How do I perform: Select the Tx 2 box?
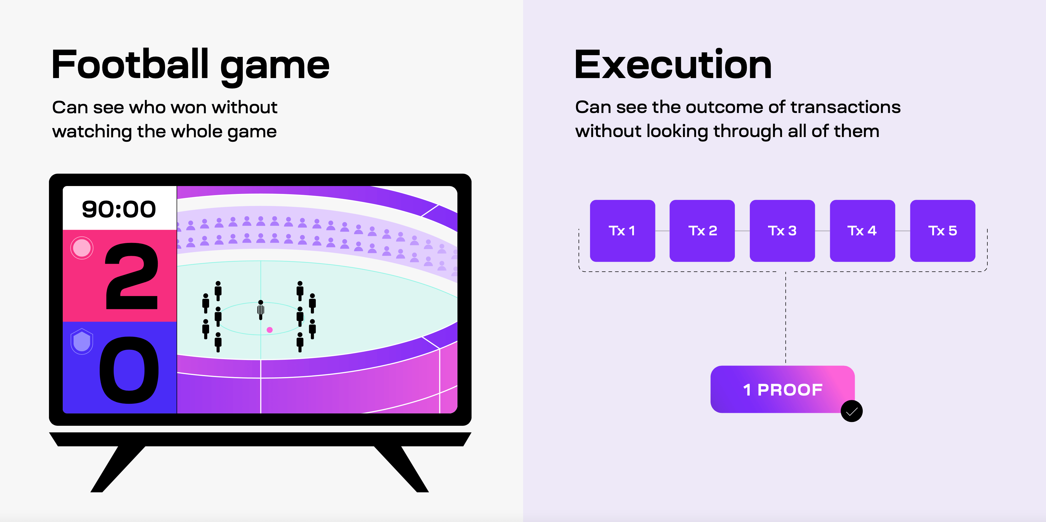(x=702, y=231)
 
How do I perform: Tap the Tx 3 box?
(x=782, y=231)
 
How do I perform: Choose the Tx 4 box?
(x=862, y=231)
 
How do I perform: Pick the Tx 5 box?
(x=942, y=231)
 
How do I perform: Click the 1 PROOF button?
(x=782, y=389)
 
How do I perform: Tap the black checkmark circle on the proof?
(x=852, y=411)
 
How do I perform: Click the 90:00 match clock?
(x=119, y=209)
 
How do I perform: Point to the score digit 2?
(x=131, y=276)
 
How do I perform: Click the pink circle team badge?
(x=82, y=248)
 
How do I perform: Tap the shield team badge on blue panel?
(x=82, y=341)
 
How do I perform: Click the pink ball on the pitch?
(x=269, y=330)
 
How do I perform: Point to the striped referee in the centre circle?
(x=261, y=310)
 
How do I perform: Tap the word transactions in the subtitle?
(x=845, y=107)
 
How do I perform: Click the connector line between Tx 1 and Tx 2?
(x=662, y=231)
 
